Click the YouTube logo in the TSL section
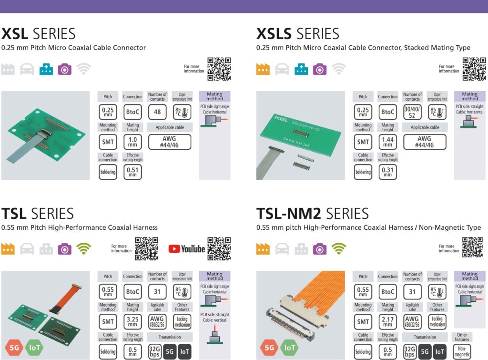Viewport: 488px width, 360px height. coord(186,248)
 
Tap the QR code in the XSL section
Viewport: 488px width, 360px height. coord(219,69)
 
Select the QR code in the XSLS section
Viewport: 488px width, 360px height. coord(474,69)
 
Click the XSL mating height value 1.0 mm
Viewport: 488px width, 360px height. coord(132,142)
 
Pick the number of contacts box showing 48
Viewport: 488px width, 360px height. coord(157,113)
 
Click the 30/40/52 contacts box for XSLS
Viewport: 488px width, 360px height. coord(413,113)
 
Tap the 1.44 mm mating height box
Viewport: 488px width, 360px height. coord(388,142)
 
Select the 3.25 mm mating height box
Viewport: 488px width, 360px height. coord(132,322)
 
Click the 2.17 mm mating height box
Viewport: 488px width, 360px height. coord(388,322)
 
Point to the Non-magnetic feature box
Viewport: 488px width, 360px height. coord(462,351)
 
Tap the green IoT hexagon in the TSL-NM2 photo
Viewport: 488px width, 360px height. coord(289,348)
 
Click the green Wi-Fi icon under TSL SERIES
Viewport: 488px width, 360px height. coord(84,248)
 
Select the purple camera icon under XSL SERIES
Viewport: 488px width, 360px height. coord(65,69)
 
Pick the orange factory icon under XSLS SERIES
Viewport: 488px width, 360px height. coord(263,69)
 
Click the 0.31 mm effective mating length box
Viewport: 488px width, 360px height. coord(388,172)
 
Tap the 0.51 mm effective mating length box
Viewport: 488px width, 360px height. coord(132,172)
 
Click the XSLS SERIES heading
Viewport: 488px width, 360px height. coord(298,34)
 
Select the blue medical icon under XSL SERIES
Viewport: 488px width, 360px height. coord(46,69)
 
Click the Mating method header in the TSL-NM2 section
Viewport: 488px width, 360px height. coord(469,276)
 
